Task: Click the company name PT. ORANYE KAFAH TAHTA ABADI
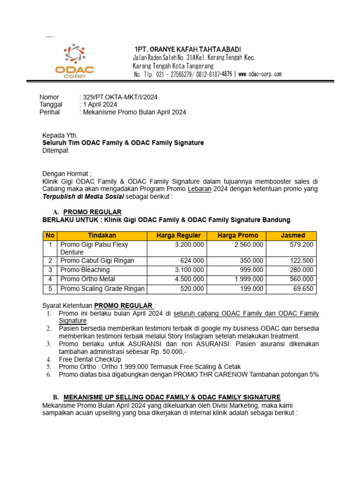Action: coord(187,50)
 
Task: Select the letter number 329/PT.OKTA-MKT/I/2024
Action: coord(120,97)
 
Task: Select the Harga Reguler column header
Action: coord(178,235)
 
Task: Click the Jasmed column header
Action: coord(292,235)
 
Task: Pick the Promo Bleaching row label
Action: coord(85,270)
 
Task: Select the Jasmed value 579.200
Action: coord(301,245)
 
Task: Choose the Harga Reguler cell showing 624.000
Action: coord(192,261)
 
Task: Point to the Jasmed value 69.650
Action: coord(303,289)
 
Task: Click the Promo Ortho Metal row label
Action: coord(88,279)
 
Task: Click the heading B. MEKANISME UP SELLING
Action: coord(172,397)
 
